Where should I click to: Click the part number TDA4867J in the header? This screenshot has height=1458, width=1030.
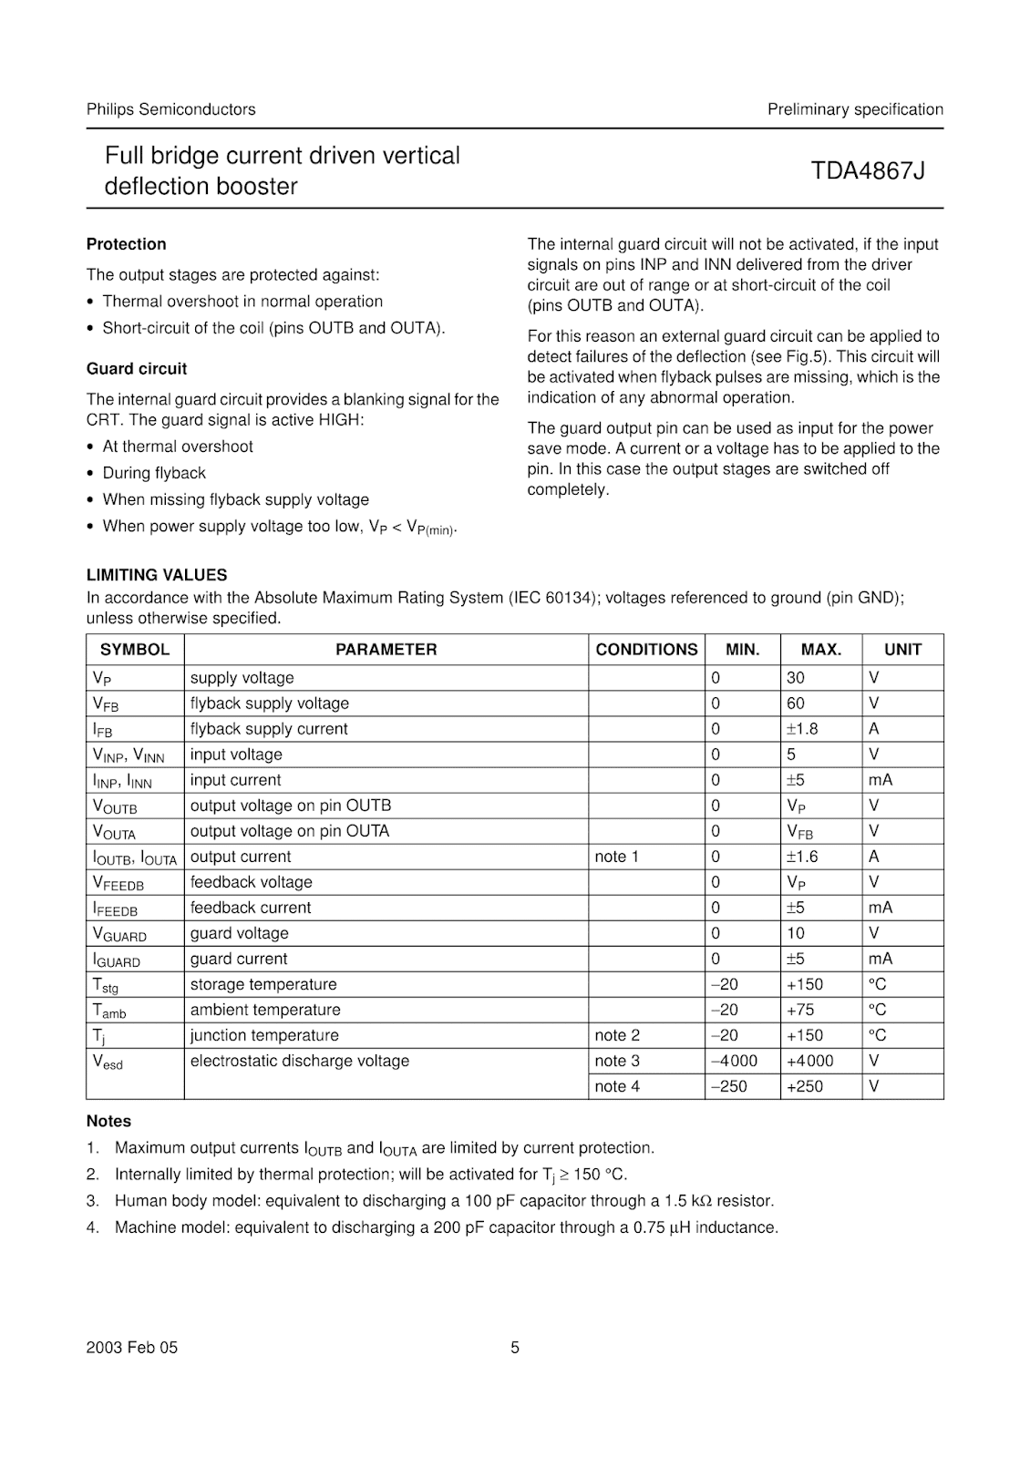868,170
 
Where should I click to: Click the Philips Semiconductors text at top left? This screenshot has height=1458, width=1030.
170,109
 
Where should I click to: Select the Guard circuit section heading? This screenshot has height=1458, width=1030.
137,369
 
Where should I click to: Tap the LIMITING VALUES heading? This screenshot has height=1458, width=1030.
157,575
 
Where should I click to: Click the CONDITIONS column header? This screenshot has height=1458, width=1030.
646,650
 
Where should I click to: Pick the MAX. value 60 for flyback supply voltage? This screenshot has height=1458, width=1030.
796,703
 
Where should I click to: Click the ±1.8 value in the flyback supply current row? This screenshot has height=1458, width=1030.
802,729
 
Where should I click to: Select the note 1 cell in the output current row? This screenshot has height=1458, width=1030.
617,857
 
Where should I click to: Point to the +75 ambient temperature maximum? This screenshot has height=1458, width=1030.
800,1010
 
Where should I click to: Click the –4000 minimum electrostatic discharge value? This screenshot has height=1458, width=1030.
734,1061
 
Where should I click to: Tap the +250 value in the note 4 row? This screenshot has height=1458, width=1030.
804,1086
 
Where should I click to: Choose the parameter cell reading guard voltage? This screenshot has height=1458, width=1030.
239,933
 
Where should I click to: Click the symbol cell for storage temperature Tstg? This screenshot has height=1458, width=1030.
106,985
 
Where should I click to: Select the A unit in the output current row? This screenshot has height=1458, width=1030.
873,857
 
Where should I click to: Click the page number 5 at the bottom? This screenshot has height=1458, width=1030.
515,1348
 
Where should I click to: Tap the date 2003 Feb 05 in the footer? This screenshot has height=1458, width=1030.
132,1348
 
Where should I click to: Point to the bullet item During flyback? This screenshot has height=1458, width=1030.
154,473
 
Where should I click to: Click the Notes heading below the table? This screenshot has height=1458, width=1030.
108,1122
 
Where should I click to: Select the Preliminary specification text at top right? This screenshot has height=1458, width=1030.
855,109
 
